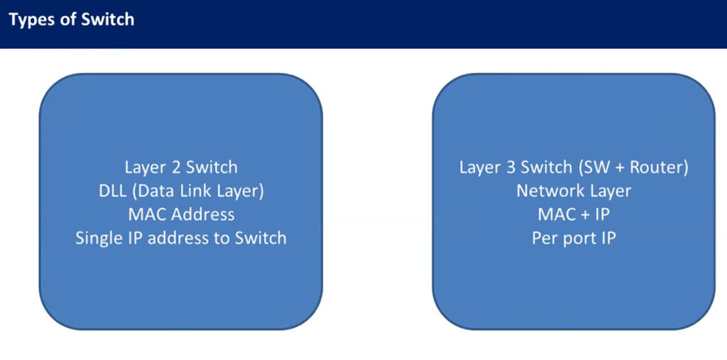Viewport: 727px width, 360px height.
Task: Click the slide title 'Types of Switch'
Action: (x=72, y=20)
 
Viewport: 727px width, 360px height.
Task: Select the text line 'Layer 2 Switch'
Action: (x=181, y=168)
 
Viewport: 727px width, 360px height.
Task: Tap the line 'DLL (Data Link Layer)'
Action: (x=181, y=191)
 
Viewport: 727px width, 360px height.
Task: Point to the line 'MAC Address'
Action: (x=181, y=214)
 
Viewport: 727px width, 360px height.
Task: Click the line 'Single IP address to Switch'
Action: (x=181, y=239)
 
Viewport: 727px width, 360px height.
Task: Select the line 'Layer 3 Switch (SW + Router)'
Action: (x=574, y=168)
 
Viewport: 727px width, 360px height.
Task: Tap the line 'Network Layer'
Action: (x=574, y=191)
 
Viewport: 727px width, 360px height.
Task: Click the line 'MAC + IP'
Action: (x=574, y=214)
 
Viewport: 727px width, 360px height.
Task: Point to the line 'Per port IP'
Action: (x=574, y=239)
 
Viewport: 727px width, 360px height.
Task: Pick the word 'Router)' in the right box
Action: (x=659, y=168)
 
